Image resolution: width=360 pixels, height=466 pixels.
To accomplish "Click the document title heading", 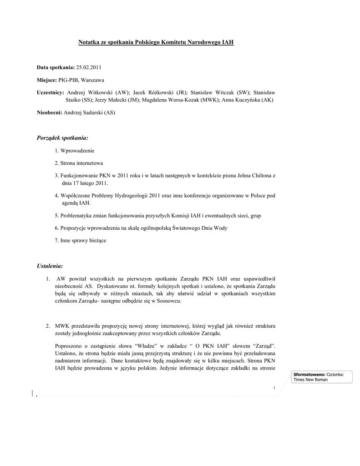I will click(x=156, y=42).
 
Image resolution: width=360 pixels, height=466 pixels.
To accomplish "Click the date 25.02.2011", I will click(x=88, y=67).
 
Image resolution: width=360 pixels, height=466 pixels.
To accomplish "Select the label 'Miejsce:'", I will click(x=46, y=80).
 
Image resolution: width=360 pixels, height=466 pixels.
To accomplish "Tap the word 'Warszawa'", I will click(x=93, y=80).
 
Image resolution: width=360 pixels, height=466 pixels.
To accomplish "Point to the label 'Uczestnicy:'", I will click(x=50, y=92).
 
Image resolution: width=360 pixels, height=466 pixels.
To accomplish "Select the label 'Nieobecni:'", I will click(x=49, y=112).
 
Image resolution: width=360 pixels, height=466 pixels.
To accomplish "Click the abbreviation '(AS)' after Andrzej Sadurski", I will click(x=109, y=112).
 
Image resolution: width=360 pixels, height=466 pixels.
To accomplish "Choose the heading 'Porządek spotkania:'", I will click(x=62, y=137).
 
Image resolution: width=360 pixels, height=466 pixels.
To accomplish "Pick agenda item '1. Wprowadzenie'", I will click(x=74, y=150).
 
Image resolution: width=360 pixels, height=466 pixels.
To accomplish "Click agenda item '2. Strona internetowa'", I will click(x=79, y=163).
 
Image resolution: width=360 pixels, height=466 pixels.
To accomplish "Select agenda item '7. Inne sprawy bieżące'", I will click(x=80, y=240).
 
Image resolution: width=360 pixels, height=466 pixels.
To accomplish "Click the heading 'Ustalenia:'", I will click(x=50, y=265).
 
